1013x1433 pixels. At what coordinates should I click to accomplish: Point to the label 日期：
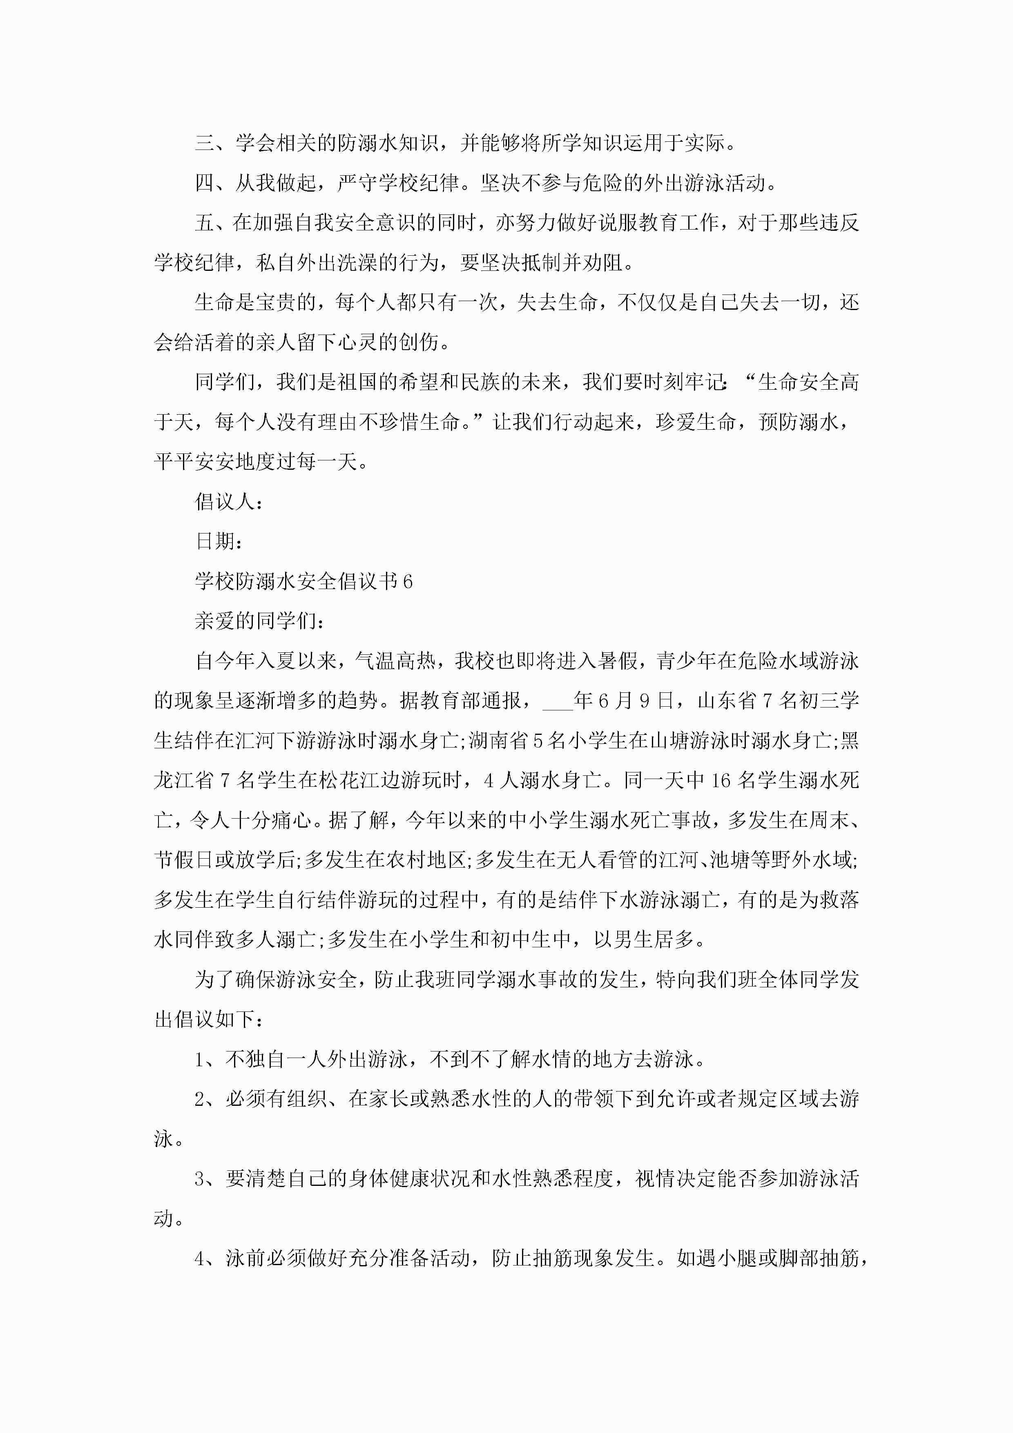219,541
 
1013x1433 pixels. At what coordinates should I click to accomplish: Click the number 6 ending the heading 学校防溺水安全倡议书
408,582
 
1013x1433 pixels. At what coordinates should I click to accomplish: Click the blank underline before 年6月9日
558,701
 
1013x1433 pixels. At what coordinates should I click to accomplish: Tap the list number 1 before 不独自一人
200,1060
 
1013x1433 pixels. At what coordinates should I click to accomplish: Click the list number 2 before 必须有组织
200,1100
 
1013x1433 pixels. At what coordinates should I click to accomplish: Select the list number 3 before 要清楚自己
200,1179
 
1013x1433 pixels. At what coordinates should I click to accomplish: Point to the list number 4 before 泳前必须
200,1259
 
